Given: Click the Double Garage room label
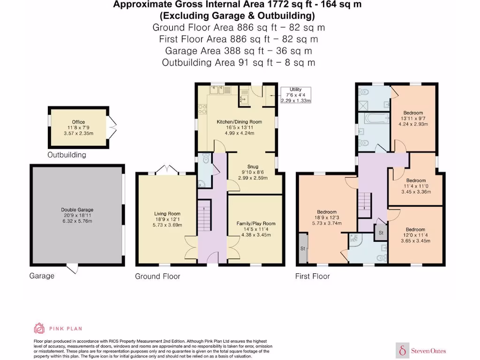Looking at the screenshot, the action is click(x=77, y=210).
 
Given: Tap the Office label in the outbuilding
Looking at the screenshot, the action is click(x=78, y=122).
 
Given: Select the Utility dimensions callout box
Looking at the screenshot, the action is click(x=296, y=95).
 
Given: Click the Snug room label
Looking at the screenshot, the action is click(x=253, y=166).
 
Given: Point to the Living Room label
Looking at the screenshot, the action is click(x=167, y=214).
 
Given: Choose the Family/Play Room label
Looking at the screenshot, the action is click(x=256, y=224).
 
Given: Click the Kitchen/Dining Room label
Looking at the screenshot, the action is click(x=240, y=121).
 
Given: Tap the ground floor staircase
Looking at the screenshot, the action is click(x=204, y=215).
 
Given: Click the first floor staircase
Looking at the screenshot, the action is click(x=365, y=205).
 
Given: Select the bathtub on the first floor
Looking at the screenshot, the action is click(x=374, y=119).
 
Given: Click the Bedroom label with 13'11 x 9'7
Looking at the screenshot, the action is click(x=413, y=112).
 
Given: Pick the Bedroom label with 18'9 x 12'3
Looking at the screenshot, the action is click(x=327, y=212).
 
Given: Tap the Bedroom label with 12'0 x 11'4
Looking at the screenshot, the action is click(x=415, y=229).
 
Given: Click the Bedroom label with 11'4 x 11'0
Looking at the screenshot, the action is click(x=416, y=180).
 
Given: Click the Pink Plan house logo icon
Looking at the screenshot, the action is click(x=39, y=328).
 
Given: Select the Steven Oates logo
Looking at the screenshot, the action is click(x=421, y=351).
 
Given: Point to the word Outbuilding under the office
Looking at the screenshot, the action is click(x=67, y=155).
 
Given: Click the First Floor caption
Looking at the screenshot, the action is click(x=313, y=276).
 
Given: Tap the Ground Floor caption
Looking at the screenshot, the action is click(x=157, y=276).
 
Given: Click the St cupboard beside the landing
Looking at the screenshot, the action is click(x=381, y=232).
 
